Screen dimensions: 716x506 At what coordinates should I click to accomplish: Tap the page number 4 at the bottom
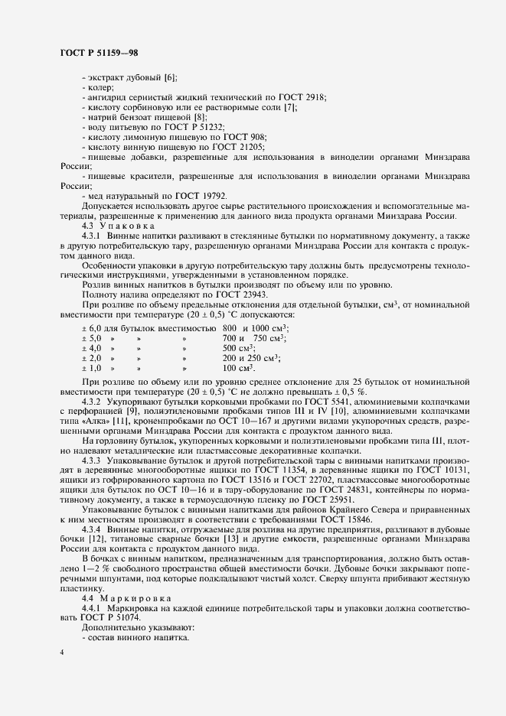[x=62, y=651]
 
